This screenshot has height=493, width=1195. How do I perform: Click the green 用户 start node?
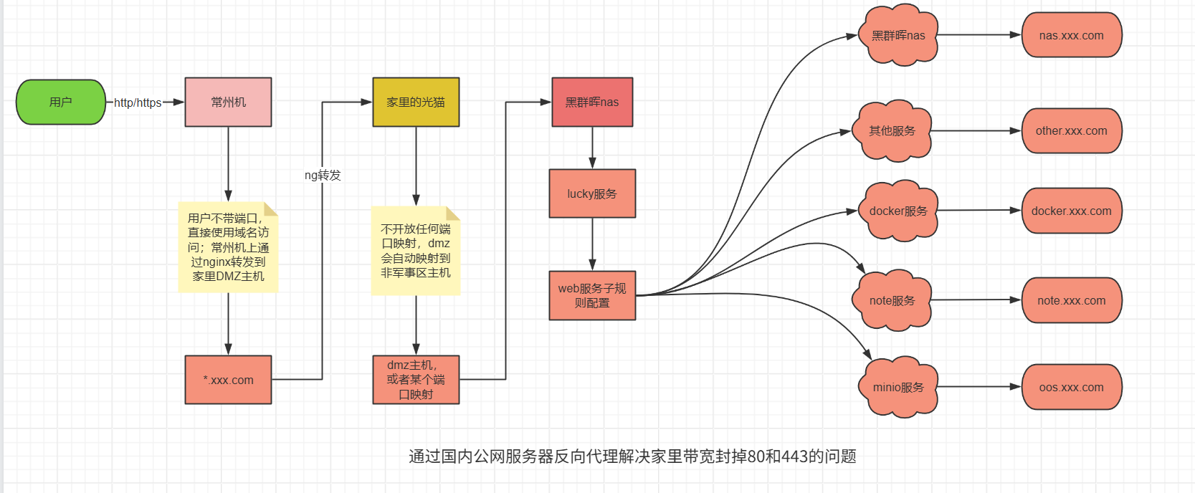60,102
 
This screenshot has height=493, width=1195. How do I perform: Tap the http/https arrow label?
138,102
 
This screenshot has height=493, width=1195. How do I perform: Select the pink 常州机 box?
228,102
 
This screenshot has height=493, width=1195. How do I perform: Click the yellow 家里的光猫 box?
416,102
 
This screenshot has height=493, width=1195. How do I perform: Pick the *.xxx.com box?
228,380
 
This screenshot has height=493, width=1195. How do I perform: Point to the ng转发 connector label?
323,175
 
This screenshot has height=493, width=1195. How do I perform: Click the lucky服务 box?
592,193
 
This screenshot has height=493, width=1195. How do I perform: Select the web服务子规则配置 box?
592,295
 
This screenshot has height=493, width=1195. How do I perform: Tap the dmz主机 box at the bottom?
416,380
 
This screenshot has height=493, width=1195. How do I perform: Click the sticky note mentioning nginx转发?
228,247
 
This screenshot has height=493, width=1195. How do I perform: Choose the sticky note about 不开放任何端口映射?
416,251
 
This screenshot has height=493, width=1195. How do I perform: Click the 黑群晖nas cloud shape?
898,35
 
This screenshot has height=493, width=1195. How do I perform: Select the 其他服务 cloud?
892,130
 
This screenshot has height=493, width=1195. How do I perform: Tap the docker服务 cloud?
898,211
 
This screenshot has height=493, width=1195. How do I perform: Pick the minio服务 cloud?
898,387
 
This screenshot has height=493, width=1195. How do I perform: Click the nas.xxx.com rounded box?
1071,35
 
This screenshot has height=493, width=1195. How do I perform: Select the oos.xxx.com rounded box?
1071,387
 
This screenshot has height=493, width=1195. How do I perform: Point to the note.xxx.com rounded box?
1071,300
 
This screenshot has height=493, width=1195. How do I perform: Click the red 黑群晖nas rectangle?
592,102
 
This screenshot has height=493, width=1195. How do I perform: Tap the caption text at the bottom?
632,456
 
